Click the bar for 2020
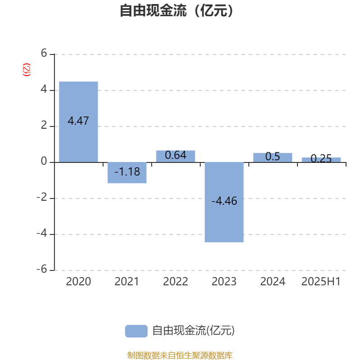(78, 122)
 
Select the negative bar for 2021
(127, 173)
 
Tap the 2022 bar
(175, 156)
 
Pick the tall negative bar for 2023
(224, 202)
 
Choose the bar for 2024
(273, 157)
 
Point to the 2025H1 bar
(321, 160)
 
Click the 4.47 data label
(78, 121)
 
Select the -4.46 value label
(224, 201)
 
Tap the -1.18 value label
(127, 171)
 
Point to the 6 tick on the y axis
(44, 53)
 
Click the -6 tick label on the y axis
(42, 269)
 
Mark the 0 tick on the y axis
(44, 161)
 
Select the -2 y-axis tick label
(42, 197)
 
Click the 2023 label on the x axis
(224, 282)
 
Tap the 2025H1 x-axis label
(321, 282)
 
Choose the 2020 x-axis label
(78, 282)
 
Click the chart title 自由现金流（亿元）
(177, 10)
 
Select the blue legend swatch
(136, 331)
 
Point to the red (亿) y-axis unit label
(27, 70)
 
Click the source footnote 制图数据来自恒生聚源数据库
(180, 355)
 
